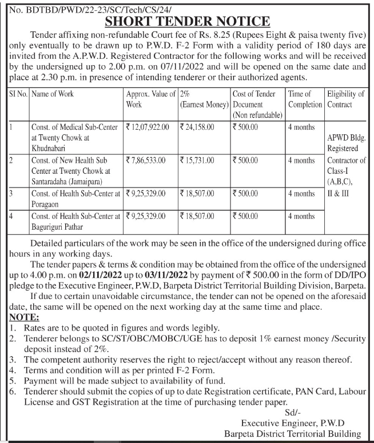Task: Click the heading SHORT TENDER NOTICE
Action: [x=187, y=21]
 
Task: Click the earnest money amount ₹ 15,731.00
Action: [x=197, y=161]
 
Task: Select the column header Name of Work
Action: [x=53, y=93]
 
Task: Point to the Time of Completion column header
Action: [x=305, y=99]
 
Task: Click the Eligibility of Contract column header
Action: [x=345, y=99]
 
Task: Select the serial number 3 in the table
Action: [x=11, y=194]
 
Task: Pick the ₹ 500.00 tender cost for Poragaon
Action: [x=245, y=194]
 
